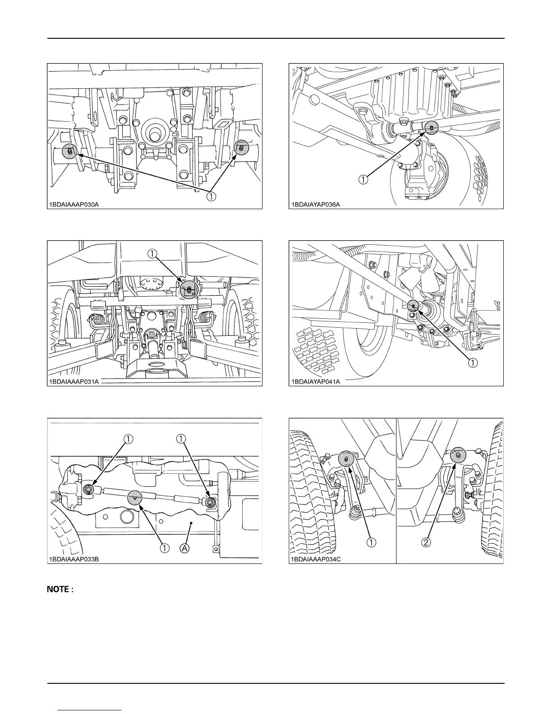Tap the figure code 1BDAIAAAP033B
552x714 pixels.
[74, 559]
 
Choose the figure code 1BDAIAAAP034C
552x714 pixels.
[315, 559]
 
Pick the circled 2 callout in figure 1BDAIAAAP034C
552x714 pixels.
[427, 542]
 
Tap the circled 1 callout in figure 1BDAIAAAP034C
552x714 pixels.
[371, 542]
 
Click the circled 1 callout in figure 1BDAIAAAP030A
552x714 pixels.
[210, 197]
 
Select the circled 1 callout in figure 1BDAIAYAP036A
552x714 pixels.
[363, 179]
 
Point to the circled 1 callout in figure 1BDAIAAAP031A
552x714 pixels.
[154, 254]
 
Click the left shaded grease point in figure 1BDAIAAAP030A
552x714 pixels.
[69, 151]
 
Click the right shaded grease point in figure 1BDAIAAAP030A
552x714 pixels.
[241, 146]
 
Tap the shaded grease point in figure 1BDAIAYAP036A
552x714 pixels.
[432, 128]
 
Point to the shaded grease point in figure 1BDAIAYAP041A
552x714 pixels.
[414, 305]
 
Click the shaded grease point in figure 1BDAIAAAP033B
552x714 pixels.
[135, 497]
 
